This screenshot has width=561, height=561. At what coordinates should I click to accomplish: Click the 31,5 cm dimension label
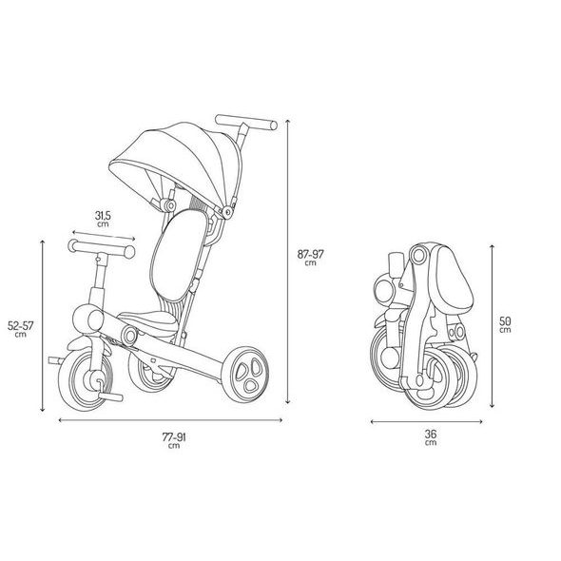point(103,219)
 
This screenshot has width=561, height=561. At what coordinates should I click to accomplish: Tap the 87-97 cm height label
point(311,258)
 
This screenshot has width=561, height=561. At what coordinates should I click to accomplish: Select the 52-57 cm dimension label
point(21,329)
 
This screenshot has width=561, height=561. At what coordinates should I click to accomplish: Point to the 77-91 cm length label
point(174,440)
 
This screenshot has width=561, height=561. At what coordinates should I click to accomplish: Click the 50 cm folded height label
point(505,324)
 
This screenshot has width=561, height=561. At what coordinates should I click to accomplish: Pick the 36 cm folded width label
point(431,437)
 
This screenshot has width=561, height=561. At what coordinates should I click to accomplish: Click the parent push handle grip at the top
point(246,122)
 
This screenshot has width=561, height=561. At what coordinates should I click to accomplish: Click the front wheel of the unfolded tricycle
point(86,380)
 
